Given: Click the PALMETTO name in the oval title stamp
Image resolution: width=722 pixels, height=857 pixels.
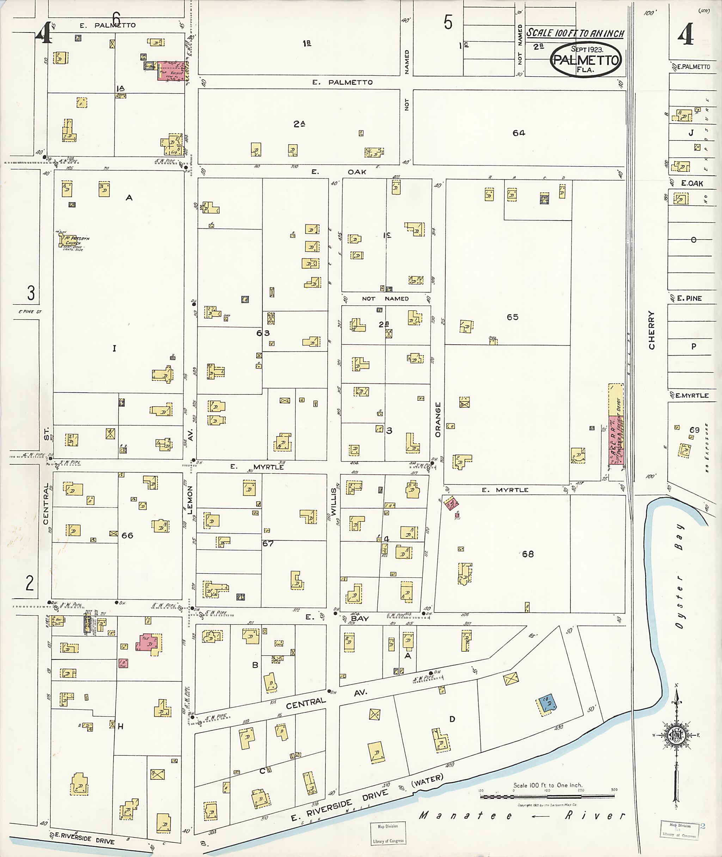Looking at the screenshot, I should [x=585, y=60].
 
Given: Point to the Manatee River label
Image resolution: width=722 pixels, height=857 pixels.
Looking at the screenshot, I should [x=522, y=816].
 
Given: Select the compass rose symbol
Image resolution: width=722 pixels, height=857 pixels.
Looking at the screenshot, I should [x=677, y=735].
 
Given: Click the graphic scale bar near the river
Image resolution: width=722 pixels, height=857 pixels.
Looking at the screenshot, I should [x=547, y=797].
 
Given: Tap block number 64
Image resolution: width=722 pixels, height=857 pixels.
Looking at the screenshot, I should [x=519, y=133].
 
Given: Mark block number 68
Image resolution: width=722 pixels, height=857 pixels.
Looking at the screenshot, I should [x=528, y=554].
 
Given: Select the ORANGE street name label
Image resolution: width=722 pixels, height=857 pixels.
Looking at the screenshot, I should [x=438, y=420].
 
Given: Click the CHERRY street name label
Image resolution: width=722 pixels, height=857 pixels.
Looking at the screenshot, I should [x=651, y=330].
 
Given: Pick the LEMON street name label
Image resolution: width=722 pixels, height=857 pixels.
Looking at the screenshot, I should [x=190, y=500].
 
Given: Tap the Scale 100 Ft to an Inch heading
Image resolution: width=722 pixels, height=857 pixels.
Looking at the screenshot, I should [x=575, y=33].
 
